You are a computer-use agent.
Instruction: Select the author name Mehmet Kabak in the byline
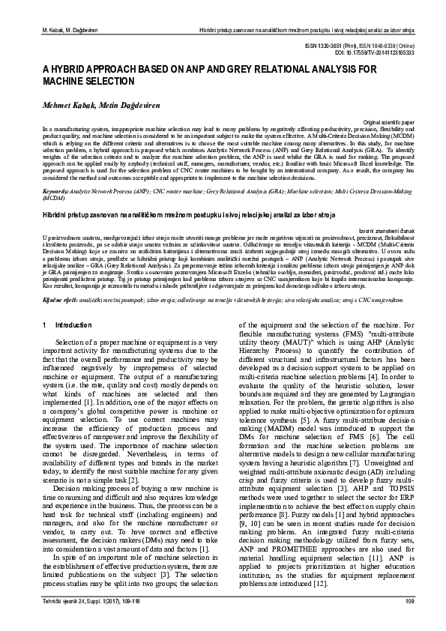[54, 107]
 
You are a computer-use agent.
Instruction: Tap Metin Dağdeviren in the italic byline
[110, 107]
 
